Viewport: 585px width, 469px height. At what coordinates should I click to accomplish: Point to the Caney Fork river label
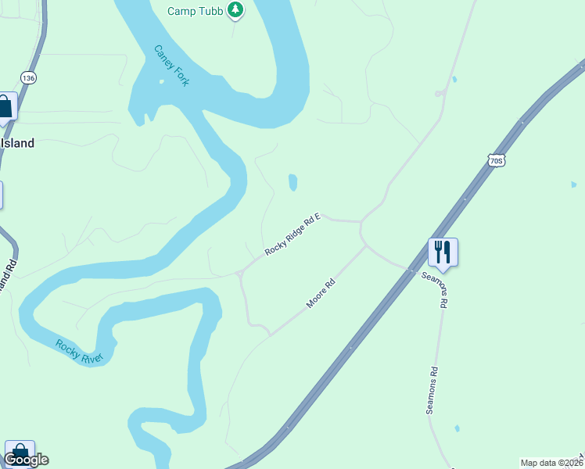click(171, 66)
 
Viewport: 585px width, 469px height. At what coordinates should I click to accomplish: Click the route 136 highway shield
click(29, 78)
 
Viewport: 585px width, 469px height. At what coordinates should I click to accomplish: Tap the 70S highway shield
click(496, 161)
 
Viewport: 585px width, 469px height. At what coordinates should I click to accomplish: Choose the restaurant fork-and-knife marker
click(443, 252)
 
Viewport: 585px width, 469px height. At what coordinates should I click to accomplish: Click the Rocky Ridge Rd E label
click(293, 236)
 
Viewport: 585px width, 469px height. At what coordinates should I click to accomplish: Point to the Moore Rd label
click(321, 293)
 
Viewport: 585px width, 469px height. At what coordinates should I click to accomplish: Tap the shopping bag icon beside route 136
click(5, 107)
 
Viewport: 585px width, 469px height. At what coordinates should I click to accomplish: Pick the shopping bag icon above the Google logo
click(19, 452)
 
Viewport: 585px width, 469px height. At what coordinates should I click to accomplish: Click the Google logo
click(26, 460)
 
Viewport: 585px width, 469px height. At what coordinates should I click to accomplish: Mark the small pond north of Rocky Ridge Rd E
click(292, 182)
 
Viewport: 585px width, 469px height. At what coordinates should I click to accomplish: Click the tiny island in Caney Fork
click(162, 81)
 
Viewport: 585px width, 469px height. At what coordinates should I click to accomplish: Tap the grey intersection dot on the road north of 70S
click(440, 94)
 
